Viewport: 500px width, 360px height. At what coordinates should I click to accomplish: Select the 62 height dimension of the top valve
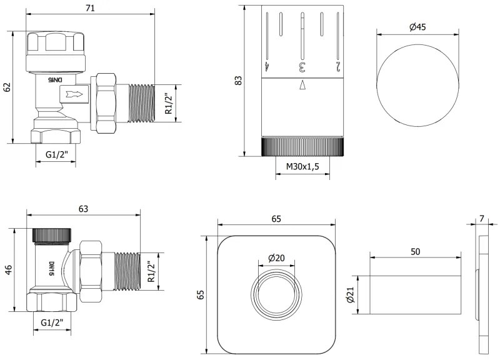[x=7, y=87]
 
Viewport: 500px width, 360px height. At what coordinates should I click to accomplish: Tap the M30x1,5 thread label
[x=302, y=167]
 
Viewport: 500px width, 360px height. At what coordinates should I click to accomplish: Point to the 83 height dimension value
[x=237, y=81]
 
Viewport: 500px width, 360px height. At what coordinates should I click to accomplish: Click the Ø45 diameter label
[x=417, y=27]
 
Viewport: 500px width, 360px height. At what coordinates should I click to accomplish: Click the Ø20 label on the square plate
[x=277, y=259]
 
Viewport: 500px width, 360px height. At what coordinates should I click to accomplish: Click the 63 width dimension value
[x=82, y=209]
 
